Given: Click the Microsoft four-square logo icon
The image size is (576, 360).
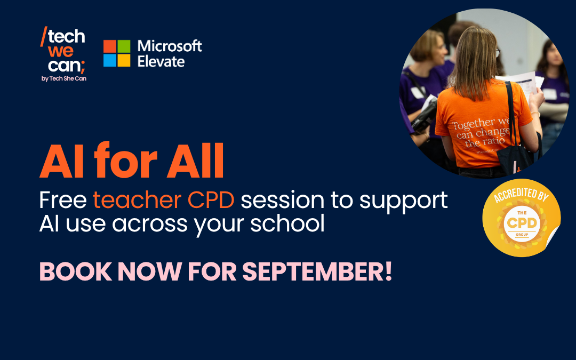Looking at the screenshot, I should click(117, 53).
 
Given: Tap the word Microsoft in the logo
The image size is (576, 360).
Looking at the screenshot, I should click(170, 46).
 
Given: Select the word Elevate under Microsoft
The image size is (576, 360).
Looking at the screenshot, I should click(161, 61).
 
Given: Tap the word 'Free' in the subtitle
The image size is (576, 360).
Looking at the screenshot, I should click(63, 200).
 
